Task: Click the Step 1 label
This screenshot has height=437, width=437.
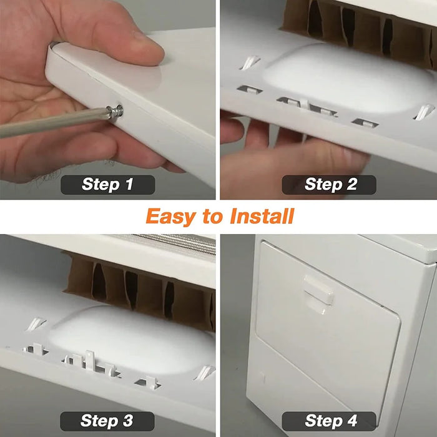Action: click(x=107, y=184)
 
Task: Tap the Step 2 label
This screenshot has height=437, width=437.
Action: click(x=330, y=184)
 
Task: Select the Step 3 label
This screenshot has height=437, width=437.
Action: click(x=107, y=420)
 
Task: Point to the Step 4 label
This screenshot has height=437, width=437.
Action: click(x=330, y=420)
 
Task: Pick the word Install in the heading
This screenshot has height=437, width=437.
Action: click(x=262, y=217)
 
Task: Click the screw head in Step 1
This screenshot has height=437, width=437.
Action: click(x=116, y=112)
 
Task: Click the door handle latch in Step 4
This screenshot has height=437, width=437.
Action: click(x=319, y=290)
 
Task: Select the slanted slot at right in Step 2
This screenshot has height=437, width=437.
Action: click(x=423, y=112)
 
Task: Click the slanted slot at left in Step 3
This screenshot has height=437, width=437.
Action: click(x=36, y=323)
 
